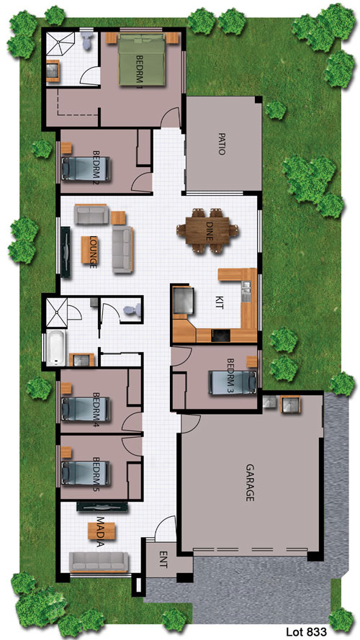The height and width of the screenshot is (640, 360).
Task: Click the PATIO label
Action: coord(222,143)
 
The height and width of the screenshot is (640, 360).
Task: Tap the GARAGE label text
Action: coord(250,482)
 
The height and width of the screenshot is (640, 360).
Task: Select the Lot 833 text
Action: coord(307,632)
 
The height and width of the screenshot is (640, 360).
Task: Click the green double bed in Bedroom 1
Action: coord(142,59)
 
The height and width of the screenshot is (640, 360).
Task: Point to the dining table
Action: coord(208,230)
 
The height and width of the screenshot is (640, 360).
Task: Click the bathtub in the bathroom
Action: coord(56,348)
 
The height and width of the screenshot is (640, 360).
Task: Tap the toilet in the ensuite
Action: coord(87,40)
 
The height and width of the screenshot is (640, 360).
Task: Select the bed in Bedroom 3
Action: coord(233,382)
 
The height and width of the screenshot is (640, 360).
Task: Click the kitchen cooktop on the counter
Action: coord(220,335)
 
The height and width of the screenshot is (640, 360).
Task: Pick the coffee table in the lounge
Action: coord(89,250)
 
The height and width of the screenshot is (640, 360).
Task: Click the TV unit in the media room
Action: coord(102,507)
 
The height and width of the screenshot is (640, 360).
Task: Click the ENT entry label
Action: coord(163,559)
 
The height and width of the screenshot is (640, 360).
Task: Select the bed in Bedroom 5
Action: coord(86,473)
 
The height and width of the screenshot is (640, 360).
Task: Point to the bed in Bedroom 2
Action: coord(86,168)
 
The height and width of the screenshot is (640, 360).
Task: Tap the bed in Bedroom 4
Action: coord(86,410)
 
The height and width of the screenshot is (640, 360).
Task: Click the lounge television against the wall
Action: coord(66,251)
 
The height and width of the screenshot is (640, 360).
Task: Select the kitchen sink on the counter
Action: coord(246,292)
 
